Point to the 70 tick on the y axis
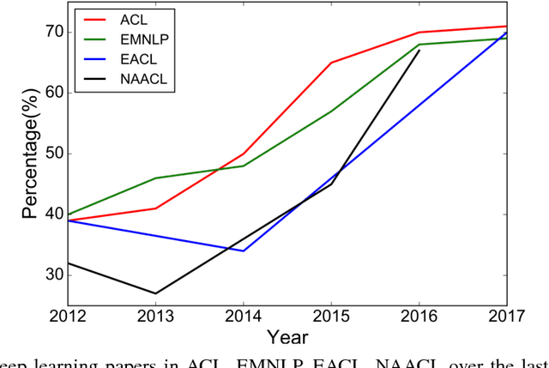(52, 32)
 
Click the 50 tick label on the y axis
(52, 154)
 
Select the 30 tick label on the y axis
(52, 275)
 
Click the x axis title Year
(287, 338)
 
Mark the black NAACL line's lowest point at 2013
(155, 293)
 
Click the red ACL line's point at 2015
(331, 63)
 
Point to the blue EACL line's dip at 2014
(244, 250)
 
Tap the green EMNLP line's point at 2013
(155, 178)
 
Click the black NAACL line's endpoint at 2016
(419, 51)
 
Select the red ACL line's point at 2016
(419, 32)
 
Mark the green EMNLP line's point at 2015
(331, 111)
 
